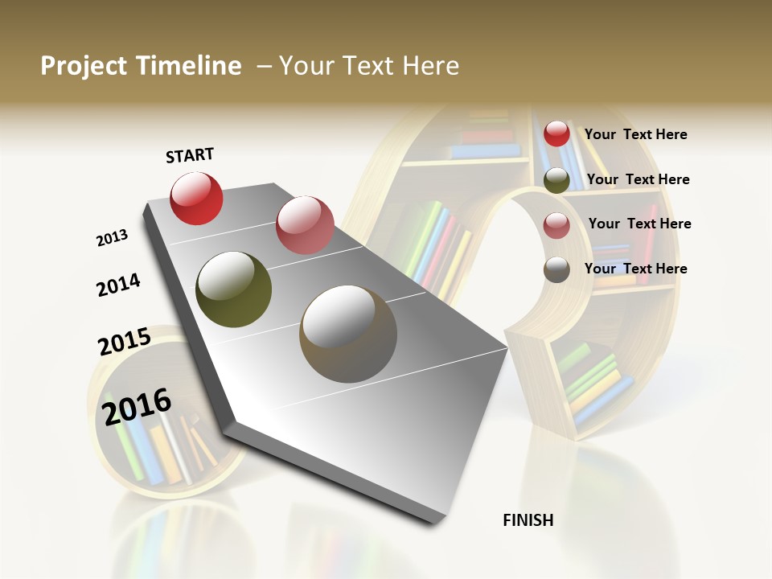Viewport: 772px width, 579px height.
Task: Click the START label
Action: [190, 155]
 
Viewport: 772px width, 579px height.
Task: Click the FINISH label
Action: [528, 520]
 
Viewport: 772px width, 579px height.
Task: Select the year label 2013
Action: [112, 238]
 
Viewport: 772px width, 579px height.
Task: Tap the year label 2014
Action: [118, 285]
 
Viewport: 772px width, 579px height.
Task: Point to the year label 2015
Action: [124, 341]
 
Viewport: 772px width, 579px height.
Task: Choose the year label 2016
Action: [137, 406]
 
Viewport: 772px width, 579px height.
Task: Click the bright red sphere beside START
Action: [196, 198]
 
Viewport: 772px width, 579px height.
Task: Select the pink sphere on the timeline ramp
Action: [305, 225]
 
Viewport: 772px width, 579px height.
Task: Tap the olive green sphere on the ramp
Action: [233, 289]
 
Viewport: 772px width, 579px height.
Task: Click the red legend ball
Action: [556, 133]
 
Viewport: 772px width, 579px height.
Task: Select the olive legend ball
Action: [556, 180]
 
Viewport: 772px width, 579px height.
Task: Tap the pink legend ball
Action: [556, 225]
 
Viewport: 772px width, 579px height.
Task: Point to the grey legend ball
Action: [556, 269]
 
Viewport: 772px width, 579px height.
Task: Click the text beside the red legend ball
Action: [635, 134]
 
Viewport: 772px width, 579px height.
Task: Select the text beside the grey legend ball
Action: [635, 269]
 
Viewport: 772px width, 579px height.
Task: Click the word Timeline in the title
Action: [189, 66]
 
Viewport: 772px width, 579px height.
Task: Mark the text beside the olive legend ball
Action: [638, 179]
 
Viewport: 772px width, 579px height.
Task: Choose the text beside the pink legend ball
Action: [639, 224]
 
